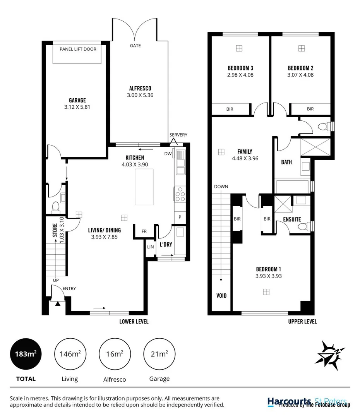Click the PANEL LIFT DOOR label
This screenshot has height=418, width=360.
tap(78, 49)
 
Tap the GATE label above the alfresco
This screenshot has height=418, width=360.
tap(135, 46)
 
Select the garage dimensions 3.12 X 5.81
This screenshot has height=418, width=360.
tap(77, 107)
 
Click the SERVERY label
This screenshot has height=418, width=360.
tap(178, 135)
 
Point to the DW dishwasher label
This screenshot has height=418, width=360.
tap(168, 154)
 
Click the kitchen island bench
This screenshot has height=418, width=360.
tap(144, 187)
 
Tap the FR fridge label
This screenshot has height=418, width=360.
tap(144, 231)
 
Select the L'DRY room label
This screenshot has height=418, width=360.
tap(166, 245)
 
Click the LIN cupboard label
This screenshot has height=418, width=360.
tap(150, 247)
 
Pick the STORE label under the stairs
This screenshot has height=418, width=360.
tap(55, 230)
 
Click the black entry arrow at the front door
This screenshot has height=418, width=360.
tap(58, 304)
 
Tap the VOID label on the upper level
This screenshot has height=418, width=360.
tap(221, 296)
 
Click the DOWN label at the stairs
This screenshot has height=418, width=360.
tap(221, 187)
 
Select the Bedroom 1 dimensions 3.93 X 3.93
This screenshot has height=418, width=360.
tap(268, 276)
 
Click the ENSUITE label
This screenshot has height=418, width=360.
tap(292, 219)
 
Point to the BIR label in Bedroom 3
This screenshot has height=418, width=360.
tap(230, 109)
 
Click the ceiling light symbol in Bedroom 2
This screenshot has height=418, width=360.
tap(301, 48)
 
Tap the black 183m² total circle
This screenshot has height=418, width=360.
tap(26, 354)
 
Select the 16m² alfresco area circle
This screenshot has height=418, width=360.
tap(115, 354)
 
